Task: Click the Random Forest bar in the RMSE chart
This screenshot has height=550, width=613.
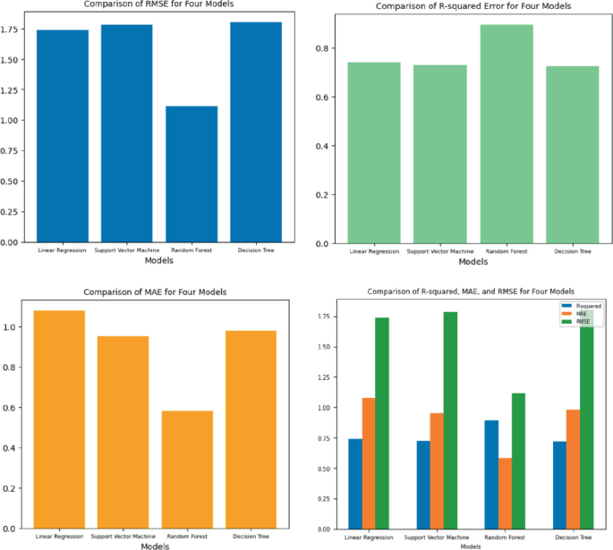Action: coord(191,173)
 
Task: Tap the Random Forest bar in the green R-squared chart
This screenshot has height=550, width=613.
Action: coord(507,134)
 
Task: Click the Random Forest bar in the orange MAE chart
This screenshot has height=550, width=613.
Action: coord(187,470)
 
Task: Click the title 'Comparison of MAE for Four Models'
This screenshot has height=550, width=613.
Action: coord(156,292)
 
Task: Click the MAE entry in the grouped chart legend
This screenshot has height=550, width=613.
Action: coord(583,314)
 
